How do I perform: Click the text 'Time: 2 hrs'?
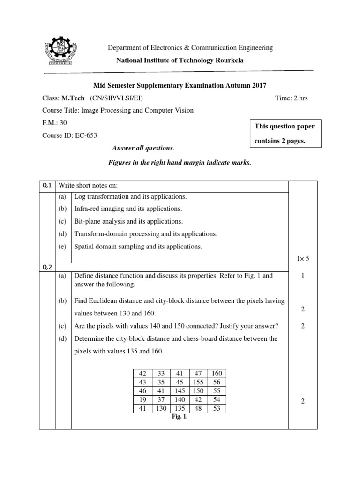pos(291,98)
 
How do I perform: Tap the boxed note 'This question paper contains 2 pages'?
pos(285,134)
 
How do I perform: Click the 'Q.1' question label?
pos(47,185)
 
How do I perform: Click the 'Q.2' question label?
pos(47,267)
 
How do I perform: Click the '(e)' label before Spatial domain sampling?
pos(63,246)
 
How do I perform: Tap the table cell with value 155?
pos(198,382)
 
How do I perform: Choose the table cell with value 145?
pos(180,391)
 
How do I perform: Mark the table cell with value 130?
pos(161,408)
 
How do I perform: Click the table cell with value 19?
pos(143,399)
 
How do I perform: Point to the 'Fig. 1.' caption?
pos(180,416)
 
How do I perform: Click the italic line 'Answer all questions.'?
pos(143,148)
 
